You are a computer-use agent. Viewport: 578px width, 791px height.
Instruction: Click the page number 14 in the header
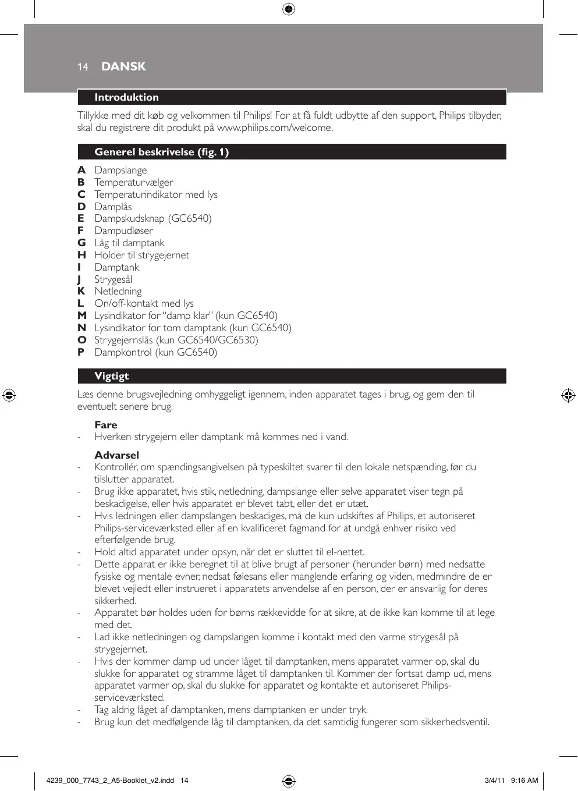point(83,67)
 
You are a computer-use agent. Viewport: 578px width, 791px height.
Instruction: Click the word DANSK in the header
point(123,66)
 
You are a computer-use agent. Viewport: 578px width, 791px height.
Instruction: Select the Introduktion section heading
point(126,97)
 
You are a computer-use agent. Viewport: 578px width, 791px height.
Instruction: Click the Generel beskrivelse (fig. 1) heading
point(161,152)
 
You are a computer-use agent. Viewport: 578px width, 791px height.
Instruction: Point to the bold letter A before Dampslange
point(81,170)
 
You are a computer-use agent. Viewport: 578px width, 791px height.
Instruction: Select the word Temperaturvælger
point(134,182)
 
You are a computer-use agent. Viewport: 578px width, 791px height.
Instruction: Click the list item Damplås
point(113,207)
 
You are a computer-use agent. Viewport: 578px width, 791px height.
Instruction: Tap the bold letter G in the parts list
point(81,243)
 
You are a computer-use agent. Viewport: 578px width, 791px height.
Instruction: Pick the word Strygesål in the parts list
point(113,279)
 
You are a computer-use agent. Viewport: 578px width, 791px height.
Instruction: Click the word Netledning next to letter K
point(118,291)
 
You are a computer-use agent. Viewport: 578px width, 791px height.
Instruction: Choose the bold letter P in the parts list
point(81,352)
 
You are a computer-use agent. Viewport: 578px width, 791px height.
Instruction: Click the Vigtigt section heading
point(112,376)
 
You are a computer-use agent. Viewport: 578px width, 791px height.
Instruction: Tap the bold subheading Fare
point(106,425)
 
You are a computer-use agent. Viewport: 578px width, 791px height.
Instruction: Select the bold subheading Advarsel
point(116,455)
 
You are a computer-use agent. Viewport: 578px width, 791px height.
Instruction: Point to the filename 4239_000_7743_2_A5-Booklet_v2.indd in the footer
point(110,781)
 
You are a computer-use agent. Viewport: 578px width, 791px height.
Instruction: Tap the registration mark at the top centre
point(289,9)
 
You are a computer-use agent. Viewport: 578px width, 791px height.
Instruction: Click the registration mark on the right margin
point(568,395)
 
